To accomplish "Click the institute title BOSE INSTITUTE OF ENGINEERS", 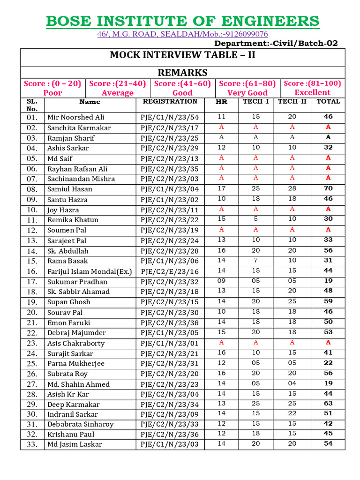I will [182, 21].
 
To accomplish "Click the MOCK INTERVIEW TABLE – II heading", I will [182, 55].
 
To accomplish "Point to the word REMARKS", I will [182, 72].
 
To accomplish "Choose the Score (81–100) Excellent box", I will [312, 88].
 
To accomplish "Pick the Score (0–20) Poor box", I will [52, 88].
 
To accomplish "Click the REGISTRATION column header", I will [170, 101].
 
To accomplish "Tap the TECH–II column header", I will [292, 101].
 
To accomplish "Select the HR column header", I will [222, 102].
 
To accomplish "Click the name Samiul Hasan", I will [70, 189].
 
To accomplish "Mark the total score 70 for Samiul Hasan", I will [328, 188].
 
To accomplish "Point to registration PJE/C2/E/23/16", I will [170, 271].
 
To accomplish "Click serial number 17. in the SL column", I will [32, 282].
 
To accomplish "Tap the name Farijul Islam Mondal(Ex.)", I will [90, 271].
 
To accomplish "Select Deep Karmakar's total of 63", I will [328, 404].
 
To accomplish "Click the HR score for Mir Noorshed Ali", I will [222, 116].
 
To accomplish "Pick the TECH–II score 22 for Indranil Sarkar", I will [292, 413].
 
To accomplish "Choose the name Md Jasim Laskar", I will [75, 444].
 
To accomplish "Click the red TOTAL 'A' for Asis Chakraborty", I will [328, 343].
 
